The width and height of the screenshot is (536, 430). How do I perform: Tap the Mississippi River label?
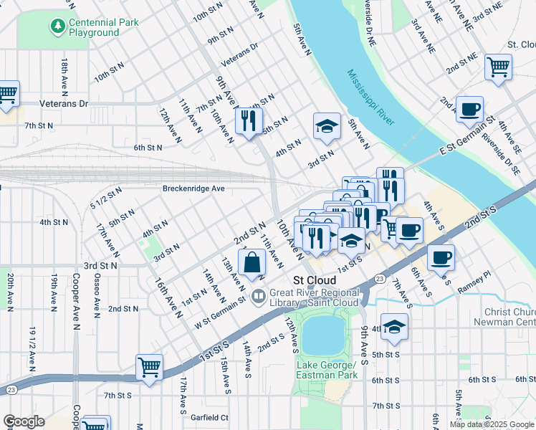[x=370, y=97]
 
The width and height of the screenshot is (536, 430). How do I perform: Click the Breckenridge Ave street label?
[x=193, y=188]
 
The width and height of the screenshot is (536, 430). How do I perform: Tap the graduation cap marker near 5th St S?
[x=393, y=327]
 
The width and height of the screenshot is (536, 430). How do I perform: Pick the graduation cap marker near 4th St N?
[x=327, y=125]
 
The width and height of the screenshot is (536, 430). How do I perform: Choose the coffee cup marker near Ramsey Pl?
[x=441, y=257]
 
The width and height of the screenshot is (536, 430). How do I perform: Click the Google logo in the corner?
[x=24, y=421]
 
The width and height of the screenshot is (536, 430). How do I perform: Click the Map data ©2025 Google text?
[x=492, y=424]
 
